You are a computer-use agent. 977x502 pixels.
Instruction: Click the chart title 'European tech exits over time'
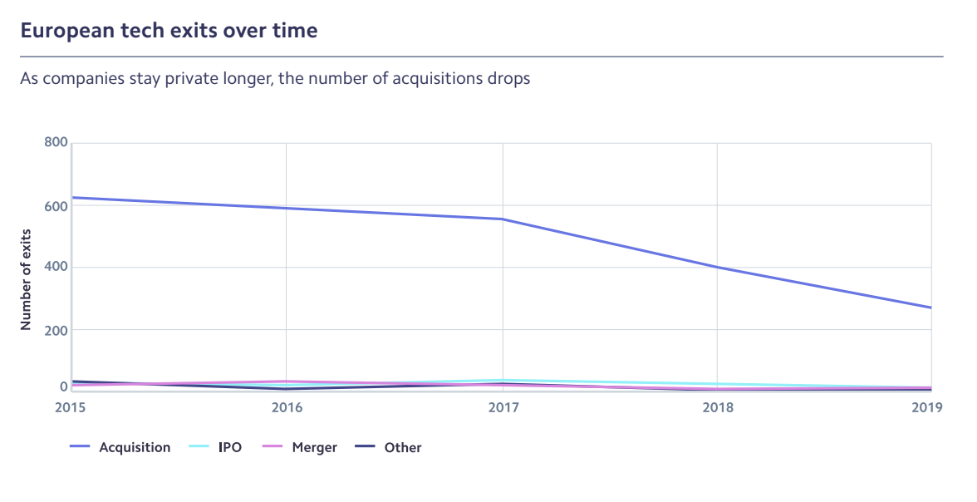pyautogui.click(x=169, y=31)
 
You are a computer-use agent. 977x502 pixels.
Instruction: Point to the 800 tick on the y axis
pyautogui.click(x=55, y=142)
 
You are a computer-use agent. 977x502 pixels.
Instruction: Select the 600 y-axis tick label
pyautogui.click(x=55, y=204)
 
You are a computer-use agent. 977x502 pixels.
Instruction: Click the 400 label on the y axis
pyautogui.click(x=55, y=267)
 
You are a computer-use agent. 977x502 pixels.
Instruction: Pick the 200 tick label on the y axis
pyautogui.click(x=55, y=329)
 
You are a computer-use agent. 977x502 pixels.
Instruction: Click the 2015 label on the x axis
pyautogui.click(x=71, y=407)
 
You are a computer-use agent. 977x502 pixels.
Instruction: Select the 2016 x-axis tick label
pyautogui.click(x=287, y=407)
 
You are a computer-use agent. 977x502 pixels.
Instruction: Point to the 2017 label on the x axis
pyautogui.click(x=502, y=407)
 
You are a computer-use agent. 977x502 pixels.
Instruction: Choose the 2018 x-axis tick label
pyautogui.click(x=717, y=407)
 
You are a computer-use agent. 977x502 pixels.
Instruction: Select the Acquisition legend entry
pyautogui.click(x=134, y=447)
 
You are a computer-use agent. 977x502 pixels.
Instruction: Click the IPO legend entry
pyautogui.click(x=229, y=447)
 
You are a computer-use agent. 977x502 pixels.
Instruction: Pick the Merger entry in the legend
pyautogui.click(x=314, y=447)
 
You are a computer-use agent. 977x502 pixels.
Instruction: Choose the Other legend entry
pyautogui.click(x=402, y=447)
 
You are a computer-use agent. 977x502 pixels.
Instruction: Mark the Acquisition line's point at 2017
pyautogui.click(x=502, y=219)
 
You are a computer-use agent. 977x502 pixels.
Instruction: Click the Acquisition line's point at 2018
pyautogui.click(x=717, y=267)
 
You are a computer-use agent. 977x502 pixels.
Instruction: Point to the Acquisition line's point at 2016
pyautogui.click(x=287, y=208)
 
